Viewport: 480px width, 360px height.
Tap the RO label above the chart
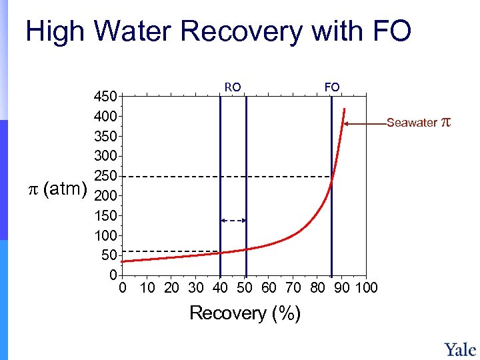233,87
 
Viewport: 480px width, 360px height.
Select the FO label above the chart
331,87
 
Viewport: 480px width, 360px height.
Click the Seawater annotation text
412,123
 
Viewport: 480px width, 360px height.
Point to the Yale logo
460,349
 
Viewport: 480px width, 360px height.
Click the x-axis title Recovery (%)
245,313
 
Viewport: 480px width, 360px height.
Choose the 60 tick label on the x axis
269,288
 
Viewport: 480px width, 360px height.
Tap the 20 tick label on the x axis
171,288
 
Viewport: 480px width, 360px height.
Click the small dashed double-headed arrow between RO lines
233,220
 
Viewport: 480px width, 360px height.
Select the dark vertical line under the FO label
331,200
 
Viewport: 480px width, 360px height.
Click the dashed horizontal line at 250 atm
227,177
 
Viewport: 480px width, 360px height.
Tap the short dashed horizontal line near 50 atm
170,251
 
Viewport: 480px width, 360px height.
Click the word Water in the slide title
134,32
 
